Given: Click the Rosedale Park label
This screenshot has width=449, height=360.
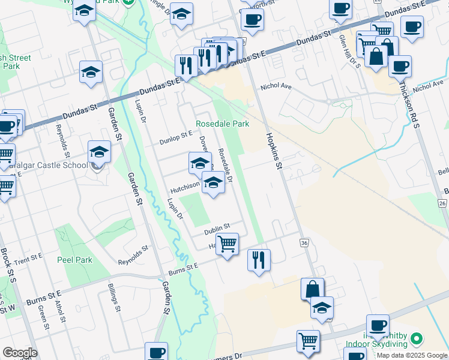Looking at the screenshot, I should [x=223, y=124].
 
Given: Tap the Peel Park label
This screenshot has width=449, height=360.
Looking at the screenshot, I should [x=74, y=260].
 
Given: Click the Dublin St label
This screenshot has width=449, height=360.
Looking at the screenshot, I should [x=217, y=227].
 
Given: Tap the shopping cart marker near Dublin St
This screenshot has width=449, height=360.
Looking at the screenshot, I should [x=227, y=244].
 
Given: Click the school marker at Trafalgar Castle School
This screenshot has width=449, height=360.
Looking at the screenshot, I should [x=99, y=152].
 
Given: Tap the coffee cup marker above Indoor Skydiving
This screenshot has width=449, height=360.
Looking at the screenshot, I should [x=378, y=325].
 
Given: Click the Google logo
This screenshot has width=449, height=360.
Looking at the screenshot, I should [x=20, y=353].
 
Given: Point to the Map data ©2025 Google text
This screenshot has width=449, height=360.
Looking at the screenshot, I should [x=412, y=355].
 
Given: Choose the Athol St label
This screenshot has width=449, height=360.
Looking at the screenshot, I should [x=59, y=311].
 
